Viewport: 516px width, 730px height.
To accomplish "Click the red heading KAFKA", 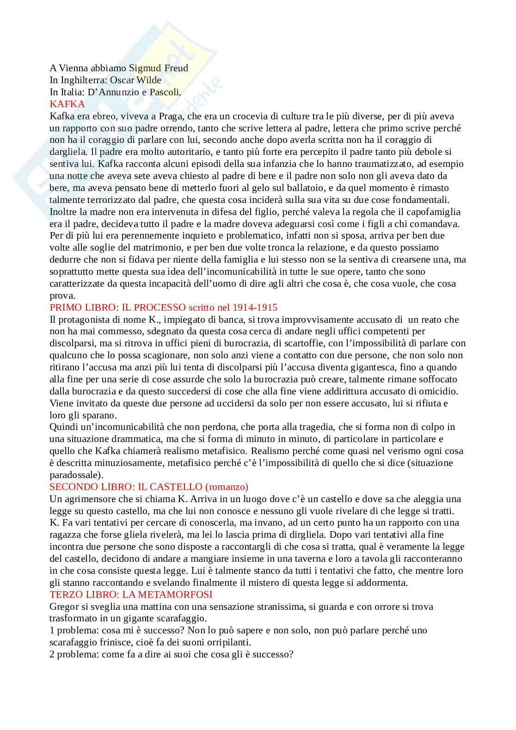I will coord(67,104).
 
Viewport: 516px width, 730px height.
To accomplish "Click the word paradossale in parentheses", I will coord(74,475).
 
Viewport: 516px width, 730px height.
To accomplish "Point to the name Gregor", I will coord(62,607).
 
